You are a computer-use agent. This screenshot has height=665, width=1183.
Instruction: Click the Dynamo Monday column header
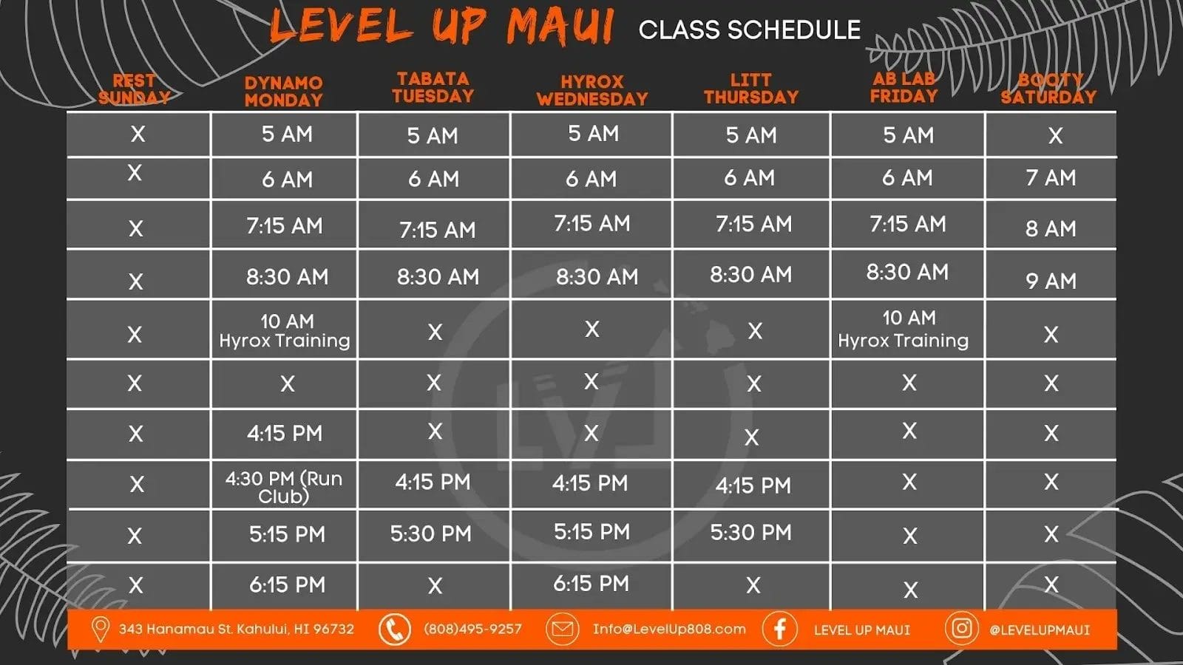(284, 92)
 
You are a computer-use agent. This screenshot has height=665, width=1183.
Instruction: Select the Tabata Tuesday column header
(433, 88)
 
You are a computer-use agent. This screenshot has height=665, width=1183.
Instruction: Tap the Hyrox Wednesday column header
(591, 91)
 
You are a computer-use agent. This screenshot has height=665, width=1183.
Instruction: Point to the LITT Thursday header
(751, 89)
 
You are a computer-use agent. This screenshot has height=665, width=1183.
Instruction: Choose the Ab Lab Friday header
(904, 88)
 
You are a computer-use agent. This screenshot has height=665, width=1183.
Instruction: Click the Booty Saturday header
(1048, 89)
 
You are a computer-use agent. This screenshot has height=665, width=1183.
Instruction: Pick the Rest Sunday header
(134, 89)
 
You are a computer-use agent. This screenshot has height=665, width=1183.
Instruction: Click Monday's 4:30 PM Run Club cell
(284, 487)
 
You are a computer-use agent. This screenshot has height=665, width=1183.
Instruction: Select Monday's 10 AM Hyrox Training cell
(285, 331)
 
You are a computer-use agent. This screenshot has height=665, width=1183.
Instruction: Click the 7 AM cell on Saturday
(1051, 178)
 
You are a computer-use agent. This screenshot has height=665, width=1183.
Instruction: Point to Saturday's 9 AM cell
(1051, 281)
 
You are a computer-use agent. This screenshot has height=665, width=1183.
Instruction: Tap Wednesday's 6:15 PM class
(591, 584)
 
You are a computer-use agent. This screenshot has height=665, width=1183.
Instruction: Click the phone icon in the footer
(395, 630)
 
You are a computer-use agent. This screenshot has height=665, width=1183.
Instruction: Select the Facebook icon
(779, 630)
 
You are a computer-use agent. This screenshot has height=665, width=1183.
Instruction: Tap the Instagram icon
(961, 630)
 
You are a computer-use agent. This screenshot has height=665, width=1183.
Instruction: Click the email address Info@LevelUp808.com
(669, 630)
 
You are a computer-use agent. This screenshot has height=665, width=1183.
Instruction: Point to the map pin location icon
(100, 630)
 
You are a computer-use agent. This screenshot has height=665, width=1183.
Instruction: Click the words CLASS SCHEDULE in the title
(749, 30)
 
